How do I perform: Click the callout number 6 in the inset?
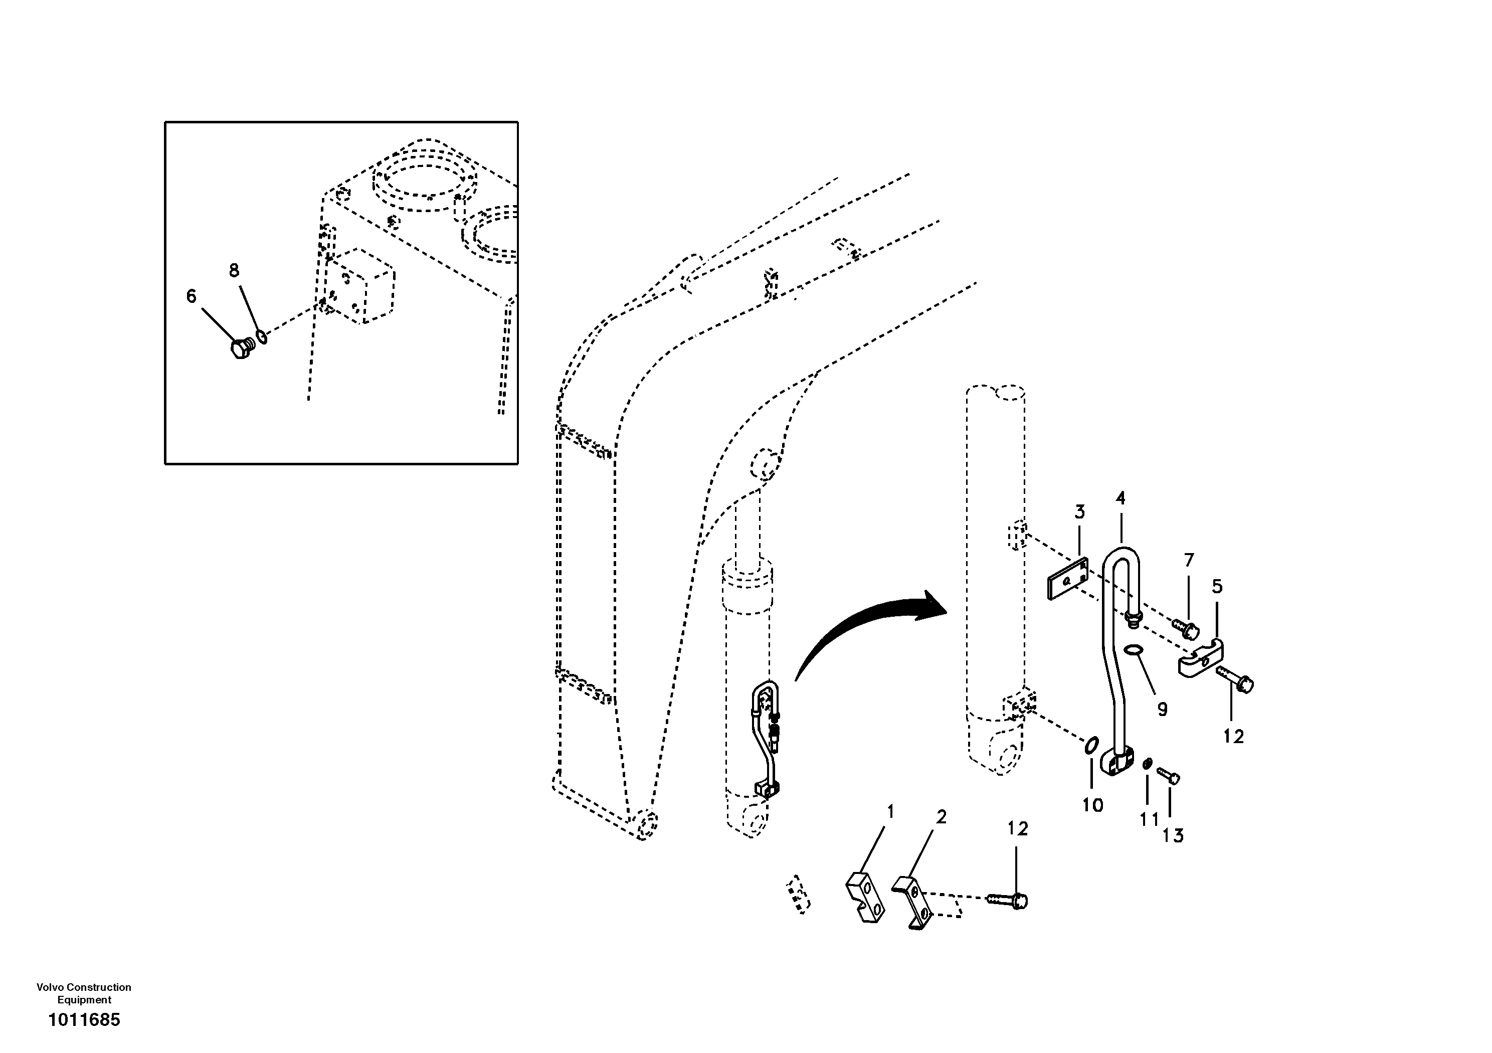click(191, 296)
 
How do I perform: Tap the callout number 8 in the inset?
click(234, 270)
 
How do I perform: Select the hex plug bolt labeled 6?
click(241, 348)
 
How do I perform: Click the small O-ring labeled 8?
click(261, 336)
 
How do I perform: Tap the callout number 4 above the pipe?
click(1121, 498)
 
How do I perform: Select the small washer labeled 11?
click(1148, 763)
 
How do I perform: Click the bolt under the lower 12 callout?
click(1008, 900)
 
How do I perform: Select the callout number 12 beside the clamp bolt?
click(1233, 737)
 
